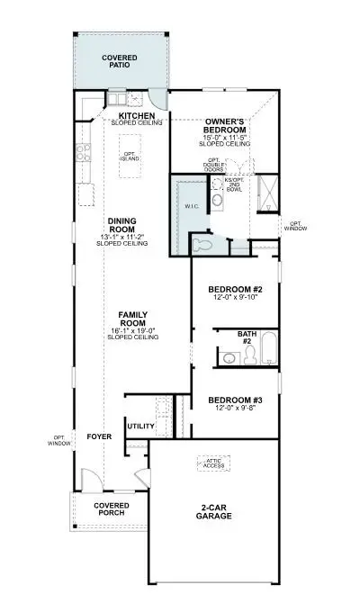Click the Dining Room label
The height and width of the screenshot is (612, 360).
pos(121,223)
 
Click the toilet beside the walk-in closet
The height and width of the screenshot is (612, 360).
pos(202,244)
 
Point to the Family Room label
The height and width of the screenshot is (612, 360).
pos(132,319)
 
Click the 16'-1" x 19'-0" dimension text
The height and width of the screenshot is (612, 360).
pos(132,330)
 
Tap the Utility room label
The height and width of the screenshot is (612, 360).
pos(140,426)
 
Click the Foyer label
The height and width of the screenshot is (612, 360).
pos(98,437)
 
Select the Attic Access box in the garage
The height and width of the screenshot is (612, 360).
pos(213,463)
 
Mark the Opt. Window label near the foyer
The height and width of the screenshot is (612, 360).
pos(59,440)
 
